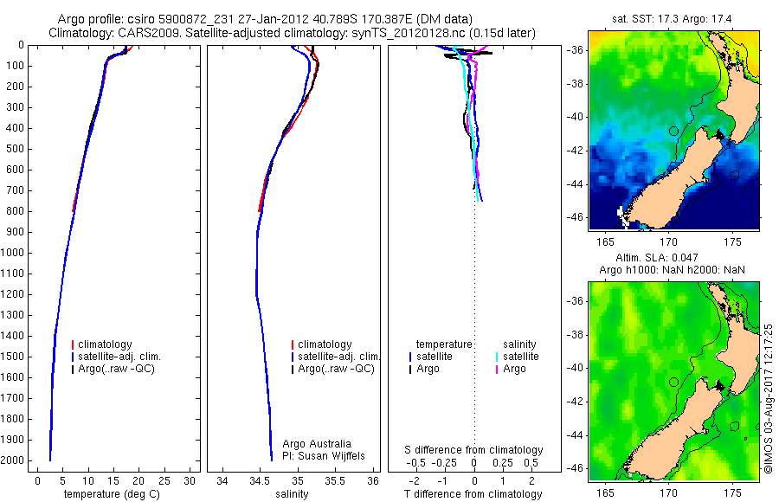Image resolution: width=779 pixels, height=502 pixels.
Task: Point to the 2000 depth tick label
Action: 13,460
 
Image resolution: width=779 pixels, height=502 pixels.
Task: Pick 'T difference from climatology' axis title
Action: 474,494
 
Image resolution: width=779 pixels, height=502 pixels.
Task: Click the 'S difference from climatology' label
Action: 474,450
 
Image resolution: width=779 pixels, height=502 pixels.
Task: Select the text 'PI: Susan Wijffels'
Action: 324,455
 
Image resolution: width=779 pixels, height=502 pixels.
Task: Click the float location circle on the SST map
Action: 673,131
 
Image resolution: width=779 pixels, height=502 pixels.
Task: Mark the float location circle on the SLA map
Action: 673,382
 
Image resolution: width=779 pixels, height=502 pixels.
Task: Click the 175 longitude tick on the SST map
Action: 732,243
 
